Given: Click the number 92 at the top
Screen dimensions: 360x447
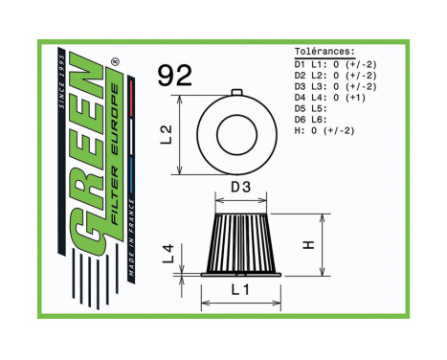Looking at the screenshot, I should click(x=175, y=76).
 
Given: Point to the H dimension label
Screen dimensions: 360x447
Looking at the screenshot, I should click(x=308, y=243).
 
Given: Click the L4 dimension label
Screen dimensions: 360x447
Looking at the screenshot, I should click(x=169, y=254).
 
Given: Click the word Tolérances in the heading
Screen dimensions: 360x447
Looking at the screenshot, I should click(x=324, y=53).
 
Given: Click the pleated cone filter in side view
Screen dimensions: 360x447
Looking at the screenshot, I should click(x=240, y=240).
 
